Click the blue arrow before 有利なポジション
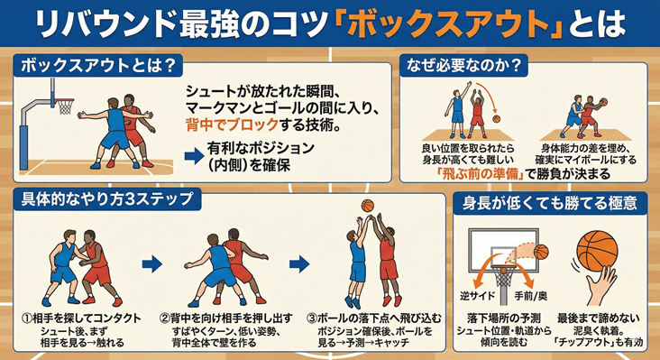[192, 155]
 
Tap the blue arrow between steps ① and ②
[153, 264]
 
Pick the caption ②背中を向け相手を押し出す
[225, 318]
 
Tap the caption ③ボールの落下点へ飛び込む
[369, 318]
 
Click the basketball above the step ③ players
[368, 206]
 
